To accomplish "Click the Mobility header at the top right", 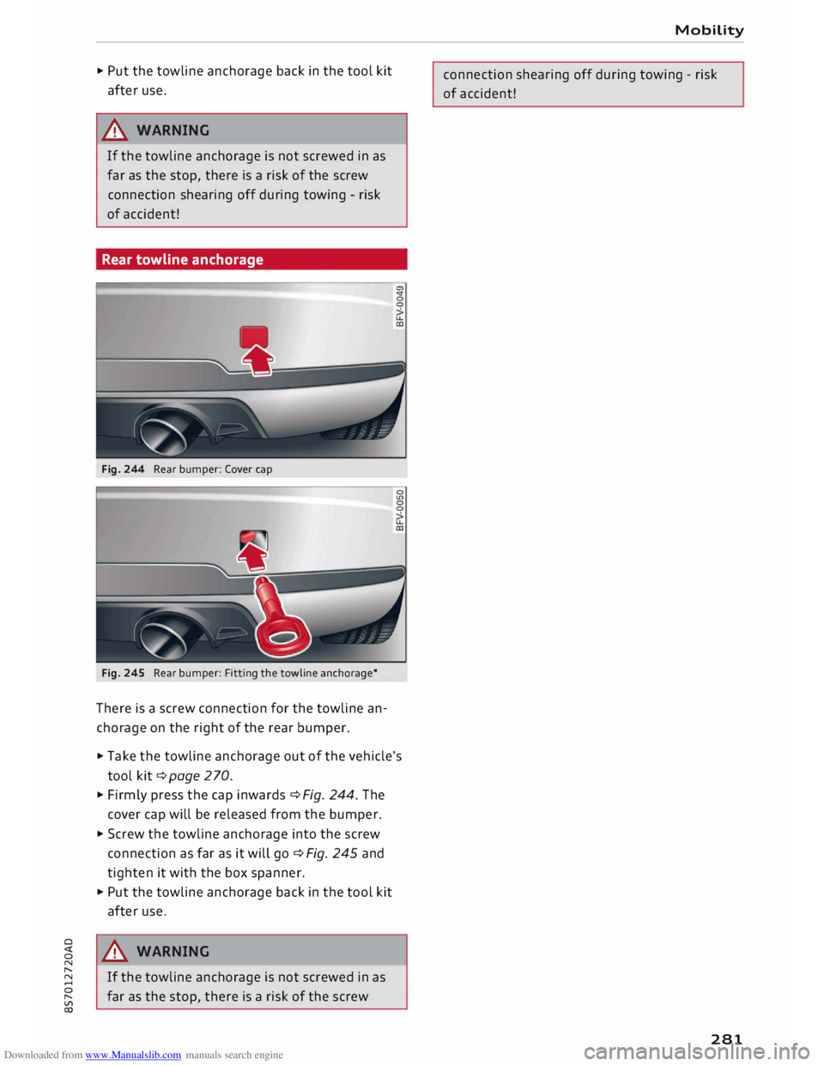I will tap(709, 30).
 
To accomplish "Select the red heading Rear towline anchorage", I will tap(183, 259).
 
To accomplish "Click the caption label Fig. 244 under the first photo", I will tap(123, 469).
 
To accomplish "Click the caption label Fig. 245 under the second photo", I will tap(123, 673).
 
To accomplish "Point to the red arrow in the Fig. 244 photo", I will tap(257, 361).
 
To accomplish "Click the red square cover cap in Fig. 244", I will tap(254, 336).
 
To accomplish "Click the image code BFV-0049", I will tap(399, 306).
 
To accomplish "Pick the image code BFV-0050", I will tap(399, 510).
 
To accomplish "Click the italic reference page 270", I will tap(199, 776).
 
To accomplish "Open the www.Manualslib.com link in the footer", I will tap(133, 1055).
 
